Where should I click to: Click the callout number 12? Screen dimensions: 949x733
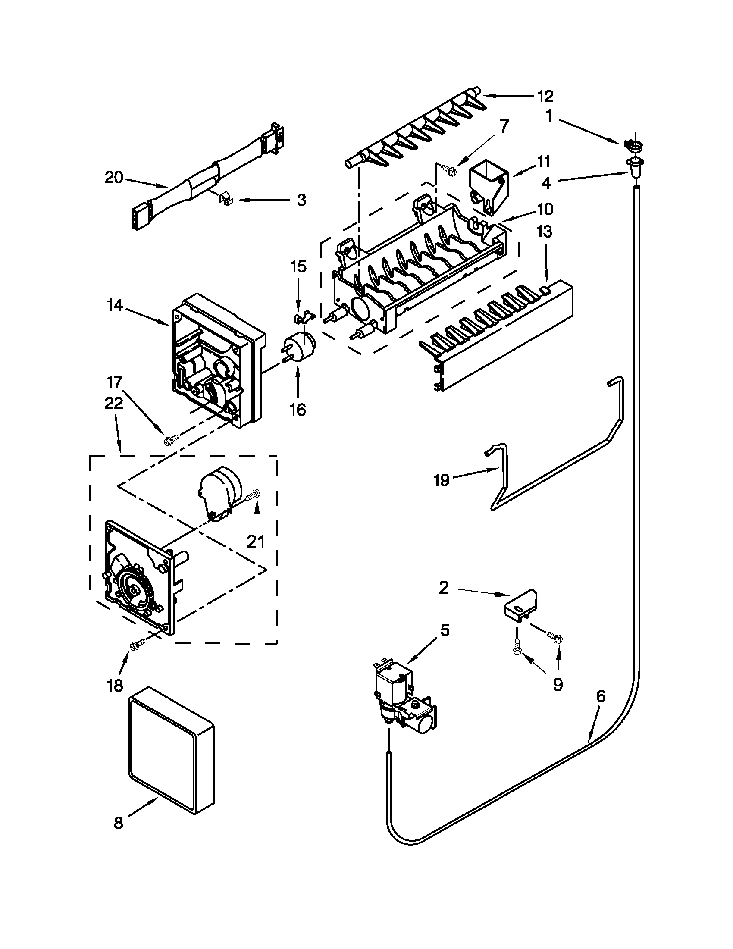pyautogui.click(x=545, y=97)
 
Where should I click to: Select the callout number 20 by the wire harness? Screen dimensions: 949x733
pyautogui.click(x=114, y=178)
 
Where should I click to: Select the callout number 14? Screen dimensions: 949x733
pyautogui.click(x=115, y=306)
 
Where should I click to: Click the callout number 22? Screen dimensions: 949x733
pyautogui.click(x=113, y=404)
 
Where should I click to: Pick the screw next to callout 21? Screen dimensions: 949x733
pyautogui.click(x=253, y=495)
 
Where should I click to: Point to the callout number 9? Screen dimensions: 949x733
pyautogui.click(x=558, y=685)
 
